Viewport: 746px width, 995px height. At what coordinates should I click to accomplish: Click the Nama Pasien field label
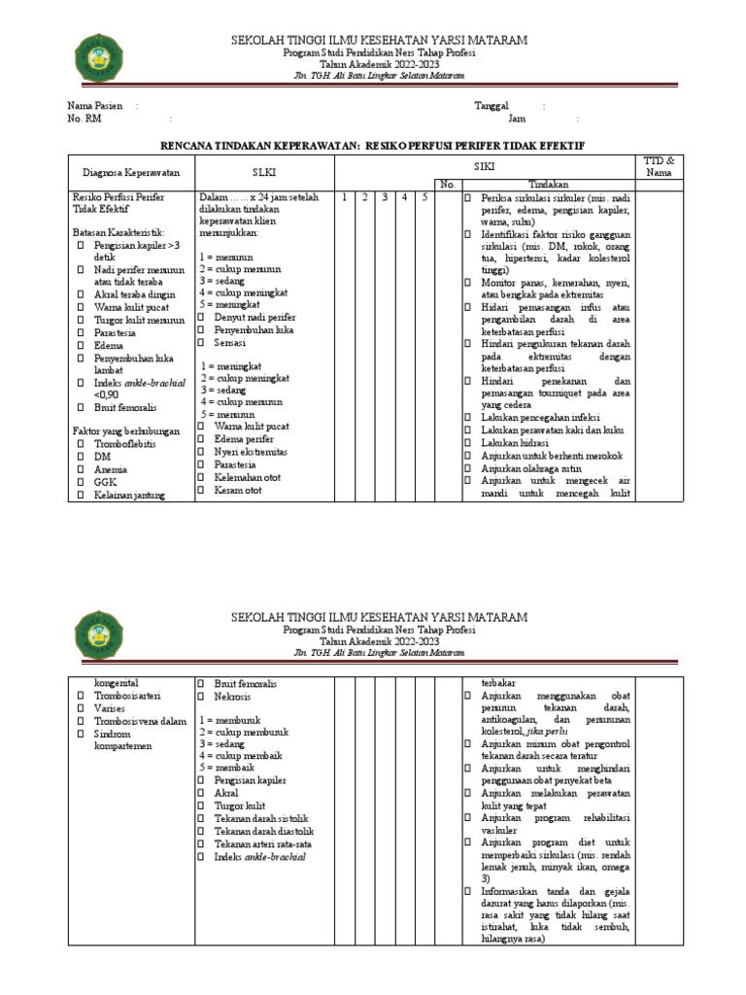pos(95,106)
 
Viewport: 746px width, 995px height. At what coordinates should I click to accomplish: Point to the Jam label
pos(517,120)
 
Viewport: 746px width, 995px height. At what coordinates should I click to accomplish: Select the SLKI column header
pos(264,172)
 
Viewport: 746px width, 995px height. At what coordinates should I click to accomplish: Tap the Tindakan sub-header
pos(548,184)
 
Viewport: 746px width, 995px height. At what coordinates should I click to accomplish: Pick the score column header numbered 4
pos(403,197)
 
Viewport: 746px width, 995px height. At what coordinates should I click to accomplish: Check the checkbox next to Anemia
pos(81,467)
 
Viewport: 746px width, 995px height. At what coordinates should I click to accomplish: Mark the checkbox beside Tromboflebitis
pos(81,441)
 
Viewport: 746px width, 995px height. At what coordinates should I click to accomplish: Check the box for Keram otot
pos(203,490)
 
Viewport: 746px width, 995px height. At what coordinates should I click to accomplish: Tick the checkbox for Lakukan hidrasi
pos(467,442)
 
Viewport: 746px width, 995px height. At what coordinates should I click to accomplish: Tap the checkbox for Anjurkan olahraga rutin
pos(467,467)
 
